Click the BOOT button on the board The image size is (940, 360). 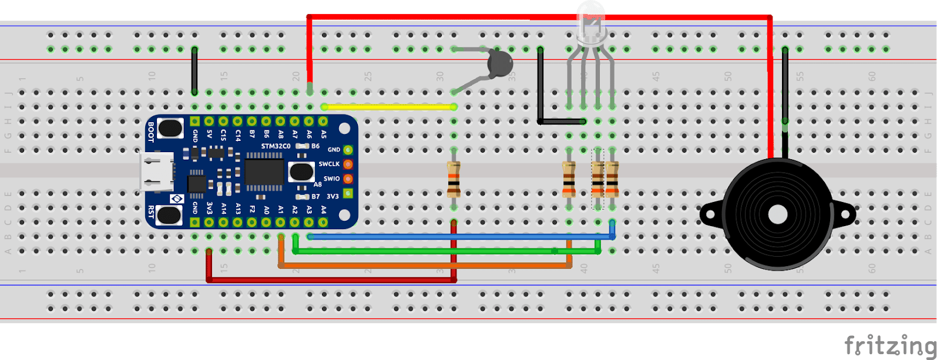pos(170,128)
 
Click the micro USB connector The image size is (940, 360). pos(156,171)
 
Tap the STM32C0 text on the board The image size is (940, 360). pos(276,146)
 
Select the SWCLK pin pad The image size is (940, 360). pos(348,164)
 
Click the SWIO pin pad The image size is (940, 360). pos(348,179)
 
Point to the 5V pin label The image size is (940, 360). pos(209,135)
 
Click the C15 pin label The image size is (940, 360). pos(223,135)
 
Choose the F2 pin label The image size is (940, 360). pos(252,208)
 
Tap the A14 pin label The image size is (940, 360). pos(223,208)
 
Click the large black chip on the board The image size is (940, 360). pos(264,171)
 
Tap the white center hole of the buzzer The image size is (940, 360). pos(777,214)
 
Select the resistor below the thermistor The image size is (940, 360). pos(454,179)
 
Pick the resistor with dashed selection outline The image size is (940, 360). pos(597,179)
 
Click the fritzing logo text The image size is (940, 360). pos(889,345)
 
